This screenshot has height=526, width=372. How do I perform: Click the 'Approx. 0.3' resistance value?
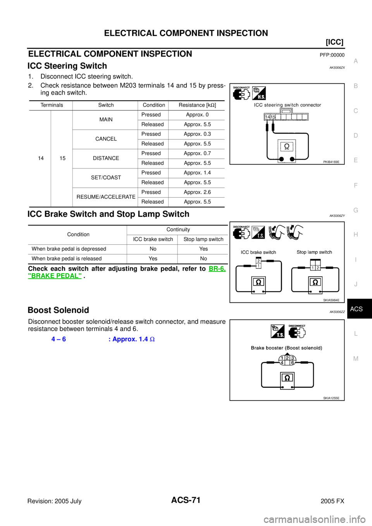point(197,134)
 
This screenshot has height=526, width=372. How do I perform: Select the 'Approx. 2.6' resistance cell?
point(197,192)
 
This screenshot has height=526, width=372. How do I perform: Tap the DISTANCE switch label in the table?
point(106,158)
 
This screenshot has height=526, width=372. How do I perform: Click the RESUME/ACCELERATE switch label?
point(106,197)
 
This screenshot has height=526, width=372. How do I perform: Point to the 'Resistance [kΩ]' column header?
point(197,105)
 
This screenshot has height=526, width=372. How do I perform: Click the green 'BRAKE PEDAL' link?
point(55,276)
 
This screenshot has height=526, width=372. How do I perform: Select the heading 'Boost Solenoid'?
point(58,310)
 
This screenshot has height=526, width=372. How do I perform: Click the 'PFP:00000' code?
point(332,55)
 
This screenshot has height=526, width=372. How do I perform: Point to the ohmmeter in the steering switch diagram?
point(286,151)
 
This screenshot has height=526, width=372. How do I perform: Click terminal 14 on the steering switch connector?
point(267,117)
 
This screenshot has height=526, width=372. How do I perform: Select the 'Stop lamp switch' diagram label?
point(314,252)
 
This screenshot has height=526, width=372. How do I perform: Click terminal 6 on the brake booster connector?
point(293,363)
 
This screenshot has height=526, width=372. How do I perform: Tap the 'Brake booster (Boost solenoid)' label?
point(286,348)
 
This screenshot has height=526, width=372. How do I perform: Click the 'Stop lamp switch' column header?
point(203,239)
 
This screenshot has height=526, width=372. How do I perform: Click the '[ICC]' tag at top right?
point(335,42)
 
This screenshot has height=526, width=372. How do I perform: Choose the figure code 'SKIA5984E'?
point(331,300)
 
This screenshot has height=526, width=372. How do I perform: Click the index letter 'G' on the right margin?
point(356,210)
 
